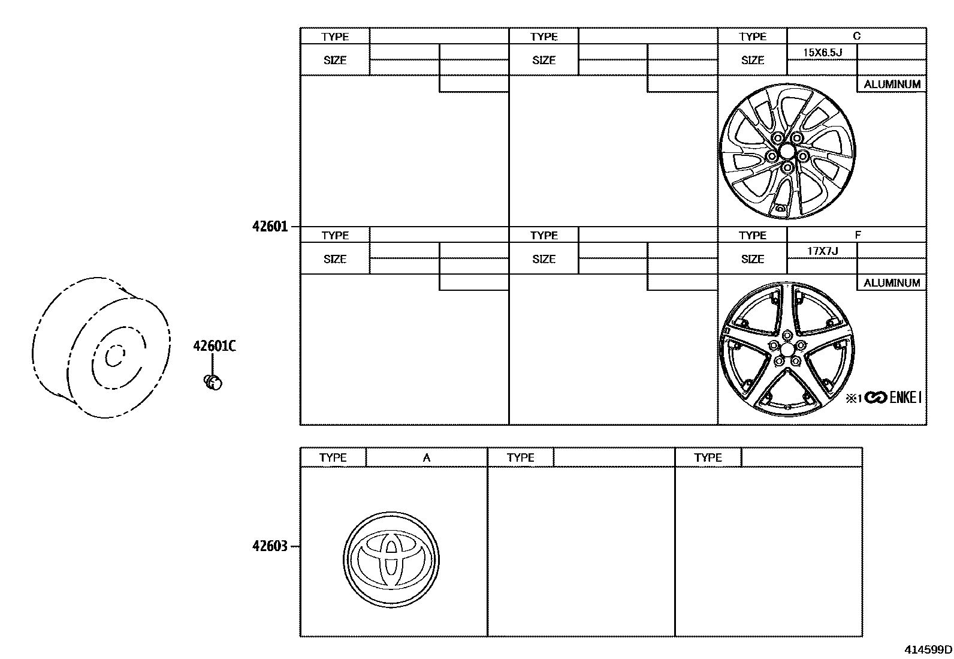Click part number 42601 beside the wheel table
(270, 227)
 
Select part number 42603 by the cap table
(270, 546)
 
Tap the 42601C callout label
(214, 346)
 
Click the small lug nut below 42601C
(213, 381)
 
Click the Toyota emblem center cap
(391, 558)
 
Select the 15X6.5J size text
(822, 52)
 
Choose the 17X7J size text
(822, 251)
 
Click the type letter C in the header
(856, 36)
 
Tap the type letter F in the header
(858, 235)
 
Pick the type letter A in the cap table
(426, 458)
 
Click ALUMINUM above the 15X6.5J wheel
(892, 85)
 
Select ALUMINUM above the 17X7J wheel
(892, 283)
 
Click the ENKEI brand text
(905, 398)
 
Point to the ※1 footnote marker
(853, 398)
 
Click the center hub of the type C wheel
(787, 151)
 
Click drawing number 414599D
(928, 649)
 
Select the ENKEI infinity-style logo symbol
(875, 398)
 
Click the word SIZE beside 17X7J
(753, 259)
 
